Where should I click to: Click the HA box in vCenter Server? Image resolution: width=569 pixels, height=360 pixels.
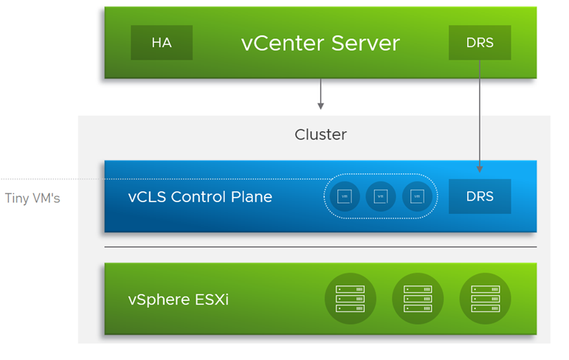pyautogui.click(x=162, y=43)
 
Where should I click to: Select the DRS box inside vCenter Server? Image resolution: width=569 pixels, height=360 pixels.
pyautogui.click(x=480, y=43)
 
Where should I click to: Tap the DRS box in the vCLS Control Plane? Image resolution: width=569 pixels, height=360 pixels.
pyautogui.click(x=480, y=197)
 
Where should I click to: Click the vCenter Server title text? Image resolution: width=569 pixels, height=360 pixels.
pyautogui.click(x=320, y=43)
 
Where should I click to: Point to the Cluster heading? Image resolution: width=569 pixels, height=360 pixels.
pyautogui.click(x=320, y=134)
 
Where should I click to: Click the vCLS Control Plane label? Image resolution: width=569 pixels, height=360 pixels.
pyautogui.click(x=200, y=197)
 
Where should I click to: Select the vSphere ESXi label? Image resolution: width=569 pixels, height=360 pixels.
pyautogui.click(x=178, y=300)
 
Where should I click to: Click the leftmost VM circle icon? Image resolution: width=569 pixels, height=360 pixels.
pyautogui.click(x=344, y=197)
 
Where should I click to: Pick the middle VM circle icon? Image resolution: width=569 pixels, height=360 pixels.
pyautogui.click(x=380, y=197)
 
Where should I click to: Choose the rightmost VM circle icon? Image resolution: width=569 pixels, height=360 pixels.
pyautogui.click(x=417, y=197)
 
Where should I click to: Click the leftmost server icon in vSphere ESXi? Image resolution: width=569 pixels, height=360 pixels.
pyautogui.click(x=350, y=299)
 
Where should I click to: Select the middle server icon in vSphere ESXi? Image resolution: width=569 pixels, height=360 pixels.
pyautogui.click(x=418, y=299)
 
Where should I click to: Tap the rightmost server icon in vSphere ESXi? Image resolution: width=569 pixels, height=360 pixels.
pyautogui.click(x=485, y=299)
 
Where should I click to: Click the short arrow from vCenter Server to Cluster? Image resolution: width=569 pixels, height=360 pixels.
pyautogui.click(x=321, y=94)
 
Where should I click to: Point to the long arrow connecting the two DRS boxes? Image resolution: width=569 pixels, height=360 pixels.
pyautogui.click(x=480, y=118)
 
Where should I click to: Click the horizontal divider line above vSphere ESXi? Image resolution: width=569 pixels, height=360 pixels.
pyautogui.click(x=320, y=247)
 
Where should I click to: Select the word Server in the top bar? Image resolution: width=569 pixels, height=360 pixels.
pyautogui.click(x=365, y=43)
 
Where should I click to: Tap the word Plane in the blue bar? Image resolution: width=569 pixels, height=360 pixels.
pyautogui.click(x=251, y=197)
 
